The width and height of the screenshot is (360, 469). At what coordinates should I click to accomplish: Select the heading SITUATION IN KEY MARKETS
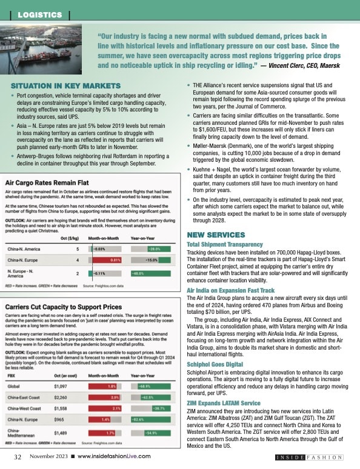65,86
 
